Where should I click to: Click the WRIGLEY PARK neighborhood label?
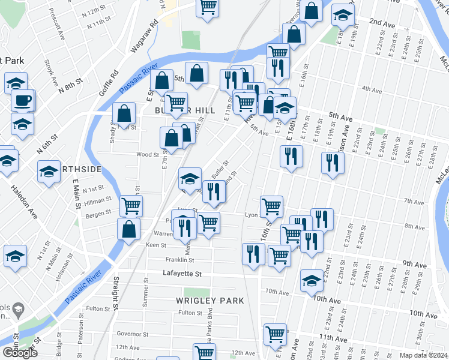(x=209, y=300)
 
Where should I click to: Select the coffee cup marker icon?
(x=23, y=100)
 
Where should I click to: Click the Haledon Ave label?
(x=23, y=205)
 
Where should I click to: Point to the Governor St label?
(x=132, y=334)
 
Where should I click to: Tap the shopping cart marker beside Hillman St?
(x=131, y=206)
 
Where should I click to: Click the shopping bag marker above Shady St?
(x=124, y=112)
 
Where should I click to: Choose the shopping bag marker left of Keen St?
(x=129, y=229)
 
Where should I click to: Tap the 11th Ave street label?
(x=334, y=339)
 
